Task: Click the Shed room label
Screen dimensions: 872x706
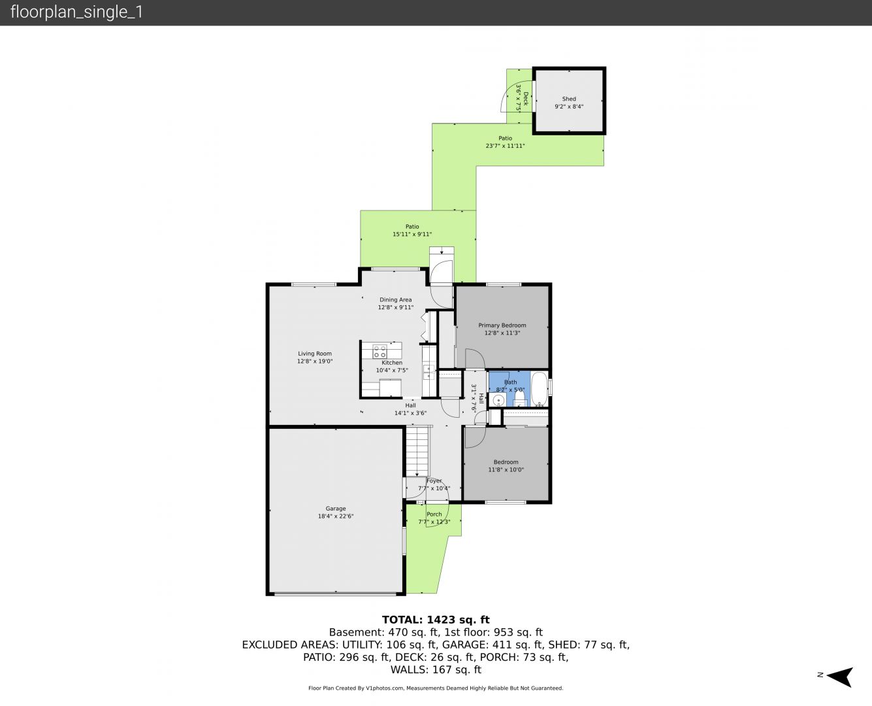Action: [569, 99]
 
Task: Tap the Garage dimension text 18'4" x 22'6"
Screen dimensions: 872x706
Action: [336, 516]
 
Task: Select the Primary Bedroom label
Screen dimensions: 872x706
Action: [502, 326]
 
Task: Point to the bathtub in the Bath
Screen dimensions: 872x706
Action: [539, 388]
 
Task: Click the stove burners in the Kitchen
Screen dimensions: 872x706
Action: [380, 351]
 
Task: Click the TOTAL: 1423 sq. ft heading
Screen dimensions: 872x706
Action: [436, 620]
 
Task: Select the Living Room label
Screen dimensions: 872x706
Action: [314, 354]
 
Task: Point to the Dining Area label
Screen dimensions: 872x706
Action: [395, 299]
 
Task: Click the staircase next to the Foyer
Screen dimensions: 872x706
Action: [417, 451]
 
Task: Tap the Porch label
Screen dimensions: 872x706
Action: [434, 514]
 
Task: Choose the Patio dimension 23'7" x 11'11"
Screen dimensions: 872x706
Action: [505, 146]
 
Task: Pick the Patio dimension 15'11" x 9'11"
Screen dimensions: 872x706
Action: [412, 235]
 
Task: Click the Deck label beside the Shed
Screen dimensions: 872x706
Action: [526, 98]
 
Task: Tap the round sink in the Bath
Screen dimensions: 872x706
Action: [498, 400]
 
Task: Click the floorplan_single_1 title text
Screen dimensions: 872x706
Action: [76, 12]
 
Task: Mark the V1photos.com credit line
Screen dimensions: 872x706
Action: [436, 688]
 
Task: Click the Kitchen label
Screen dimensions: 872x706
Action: [392, 363]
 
